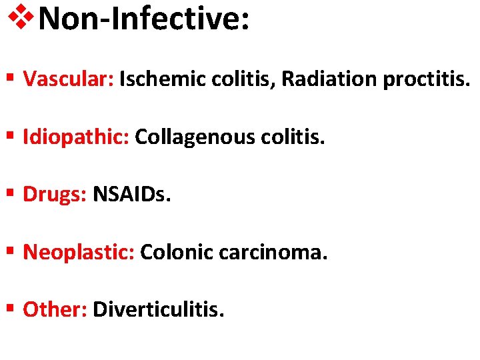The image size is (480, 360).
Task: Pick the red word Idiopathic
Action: pos(76,137)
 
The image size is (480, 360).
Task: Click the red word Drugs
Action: pos(55,195)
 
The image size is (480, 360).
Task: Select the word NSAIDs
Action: pos(132,195)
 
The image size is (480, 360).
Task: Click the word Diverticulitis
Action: pos(159,309)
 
